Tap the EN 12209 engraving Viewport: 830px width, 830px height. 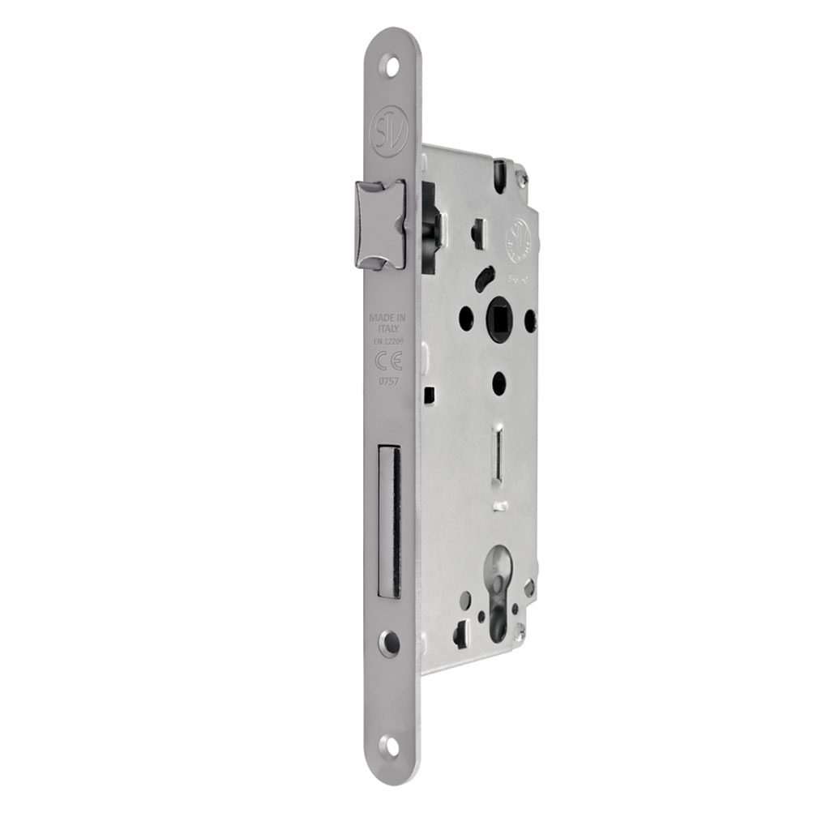point(389,342)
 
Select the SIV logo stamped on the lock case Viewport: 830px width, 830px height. point(518,242)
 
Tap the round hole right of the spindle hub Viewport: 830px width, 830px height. point(529,319)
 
